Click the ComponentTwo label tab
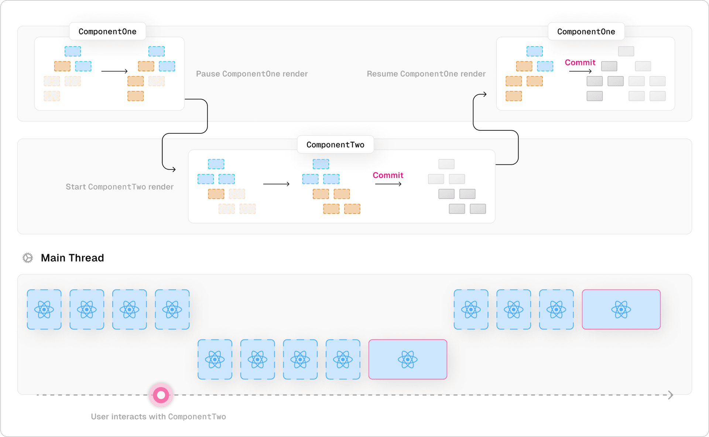335,145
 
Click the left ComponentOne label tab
107,32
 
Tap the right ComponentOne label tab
586,32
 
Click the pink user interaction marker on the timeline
161,395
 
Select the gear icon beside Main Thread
28,258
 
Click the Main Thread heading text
72,258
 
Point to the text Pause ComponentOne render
252,74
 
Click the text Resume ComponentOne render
426,74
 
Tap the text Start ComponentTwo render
120,187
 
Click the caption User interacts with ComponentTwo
158,417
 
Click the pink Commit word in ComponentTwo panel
388,175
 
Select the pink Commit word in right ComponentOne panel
580,62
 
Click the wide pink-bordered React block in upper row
621,310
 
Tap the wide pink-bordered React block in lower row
408,359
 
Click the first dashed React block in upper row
44,310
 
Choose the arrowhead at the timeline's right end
671,395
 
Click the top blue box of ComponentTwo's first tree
216,164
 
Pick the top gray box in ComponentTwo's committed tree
446,164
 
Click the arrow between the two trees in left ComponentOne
114,71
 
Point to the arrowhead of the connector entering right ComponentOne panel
485,94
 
